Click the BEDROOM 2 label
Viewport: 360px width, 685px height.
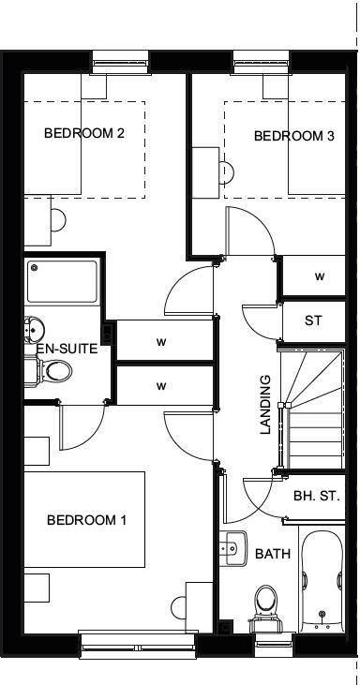point(84,133)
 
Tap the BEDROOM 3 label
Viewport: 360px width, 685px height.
point(293,137)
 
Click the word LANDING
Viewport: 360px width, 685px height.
point(265,406)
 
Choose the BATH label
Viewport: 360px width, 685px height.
point(273,555)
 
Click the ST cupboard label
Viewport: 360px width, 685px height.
point(313,320)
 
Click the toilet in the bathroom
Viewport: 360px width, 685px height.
point(266,601)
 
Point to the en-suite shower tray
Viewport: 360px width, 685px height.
point(62,280)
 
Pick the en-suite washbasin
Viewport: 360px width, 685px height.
point(34,331)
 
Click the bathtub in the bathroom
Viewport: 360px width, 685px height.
point(321,582)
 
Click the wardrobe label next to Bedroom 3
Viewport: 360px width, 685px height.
point(319,276)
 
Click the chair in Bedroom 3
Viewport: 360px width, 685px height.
point(226,172)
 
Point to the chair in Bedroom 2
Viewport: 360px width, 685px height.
point(58,220)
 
